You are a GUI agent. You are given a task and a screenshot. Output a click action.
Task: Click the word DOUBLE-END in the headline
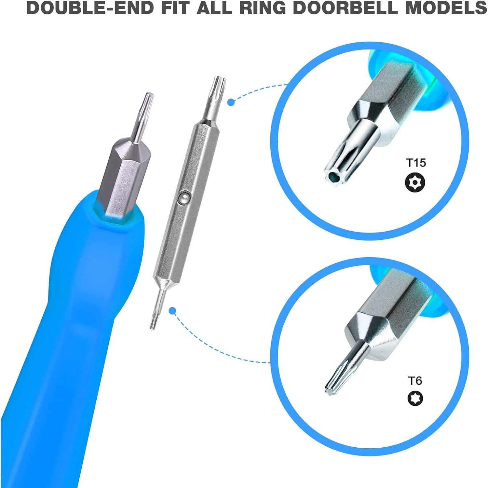coord(90,8)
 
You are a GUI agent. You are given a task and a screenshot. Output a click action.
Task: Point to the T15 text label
coord(416,163)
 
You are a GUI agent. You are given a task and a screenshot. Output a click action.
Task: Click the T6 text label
coord(415,381)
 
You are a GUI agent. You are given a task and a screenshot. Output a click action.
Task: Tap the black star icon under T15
coord(415,183)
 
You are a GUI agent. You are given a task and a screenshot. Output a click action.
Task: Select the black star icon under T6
coord(415,398)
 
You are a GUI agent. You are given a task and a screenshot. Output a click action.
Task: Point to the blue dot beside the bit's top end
coord(231,102)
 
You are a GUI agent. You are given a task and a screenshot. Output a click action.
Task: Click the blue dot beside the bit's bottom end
coord(173,311)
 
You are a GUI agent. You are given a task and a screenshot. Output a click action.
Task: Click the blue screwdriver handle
coord(72,325)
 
